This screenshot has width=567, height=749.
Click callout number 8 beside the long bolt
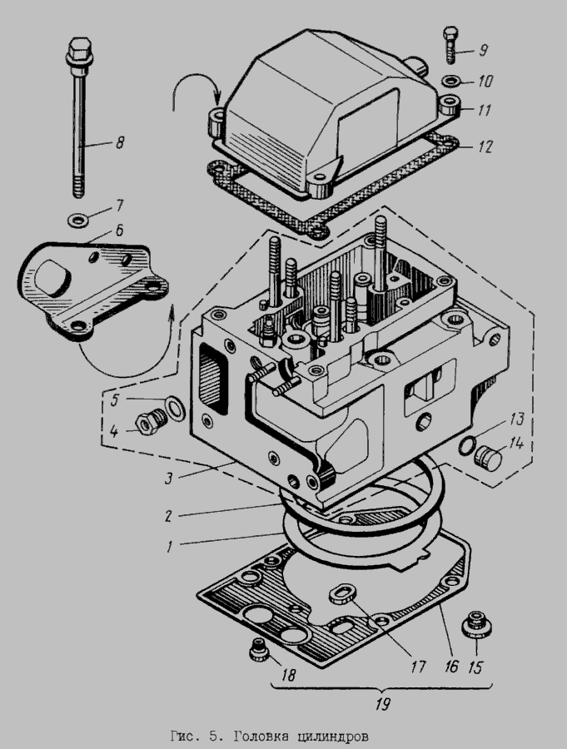(x=120, y=141)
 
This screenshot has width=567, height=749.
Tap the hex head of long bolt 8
(x=78, y=48)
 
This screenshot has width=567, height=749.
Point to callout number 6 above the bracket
(x=119, y=231)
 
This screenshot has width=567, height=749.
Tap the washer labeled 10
(x=451, y=82)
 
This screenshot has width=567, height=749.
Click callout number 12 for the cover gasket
(x=485, y=146)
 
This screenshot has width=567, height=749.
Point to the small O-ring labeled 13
(x=466, y=446)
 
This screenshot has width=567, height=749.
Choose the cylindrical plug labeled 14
(x=488, y=458)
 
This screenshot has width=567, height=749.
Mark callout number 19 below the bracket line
(x=382, y=703)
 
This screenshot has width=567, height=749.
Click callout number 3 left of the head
(x=168, y=479)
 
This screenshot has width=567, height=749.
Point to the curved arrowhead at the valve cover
(x=216, y=102)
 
